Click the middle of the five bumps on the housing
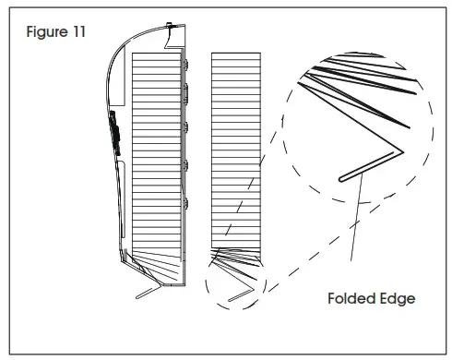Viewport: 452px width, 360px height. [186, 126]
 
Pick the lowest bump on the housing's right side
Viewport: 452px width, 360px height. [186, 200]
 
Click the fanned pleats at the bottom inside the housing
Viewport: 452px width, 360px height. [157, 263]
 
